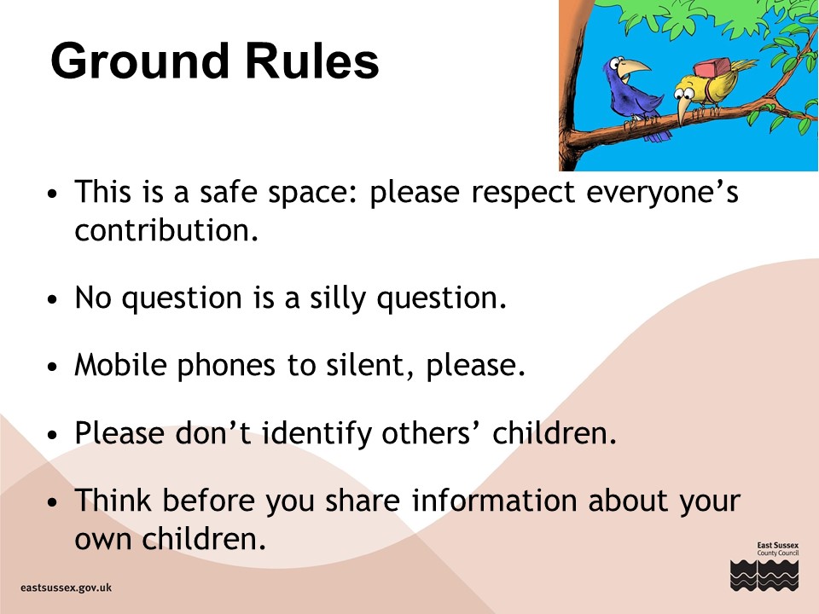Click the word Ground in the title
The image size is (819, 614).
pos(140,61)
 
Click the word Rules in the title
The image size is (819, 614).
pos(312,61)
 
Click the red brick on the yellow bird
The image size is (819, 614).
pos(712,67)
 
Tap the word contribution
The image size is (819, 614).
pos(166,230)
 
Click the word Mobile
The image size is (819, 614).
pos(120,364)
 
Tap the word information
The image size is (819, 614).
pos(494,501)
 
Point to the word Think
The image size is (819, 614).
pos(113,501)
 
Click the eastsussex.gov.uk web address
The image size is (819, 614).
pos(67,588)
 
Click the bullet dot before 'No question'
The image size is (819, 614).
pos(52,300)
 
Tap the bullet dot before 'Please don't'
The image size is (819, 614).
pos(52,434)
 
